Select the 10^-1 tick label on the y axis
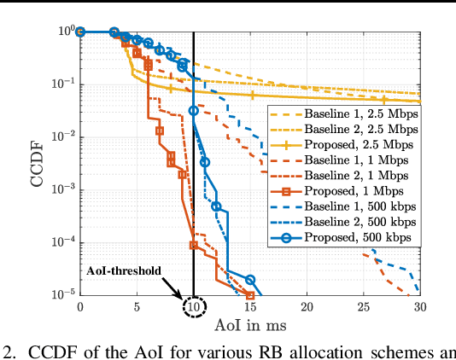(x=62, y=84)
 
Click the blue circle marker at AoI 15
(x=250, y=280)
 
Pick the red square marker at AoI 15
(x=250, y=294)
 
